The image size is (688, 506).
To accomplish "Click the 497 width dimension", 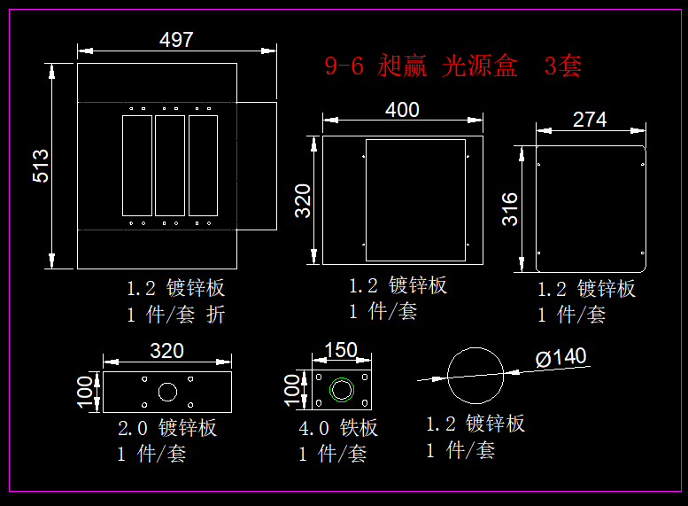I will click(x=175, y=40).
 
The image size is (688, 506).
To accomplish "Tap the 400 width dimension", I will click(x=402, y=110).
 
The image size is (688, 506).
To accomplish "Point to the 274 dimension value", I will click(x=590, y=120).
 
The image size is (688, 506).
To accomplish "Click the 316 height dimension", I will click(x=511, y=209).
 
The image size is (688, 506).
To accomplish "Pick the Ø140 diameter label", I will click(x=560, y=357).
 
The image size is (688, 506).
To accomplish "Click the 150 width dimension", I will click(x=342, y=350).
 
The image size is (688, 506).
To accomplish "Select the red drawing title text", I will click(x=452, y=66).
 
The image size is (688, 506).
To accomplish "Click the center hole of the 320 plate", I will click(x=167, y=392).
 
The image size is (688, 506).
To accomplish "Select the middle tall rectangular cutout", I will click(x=170, y=165).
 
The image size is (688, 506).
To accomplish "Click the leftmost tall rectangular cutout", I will click(x=136, y=165).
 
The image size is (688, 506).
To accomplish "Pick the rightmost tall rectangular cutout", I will click(x=203, y=165).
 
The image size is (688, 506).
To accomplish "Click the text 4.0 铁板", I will click(x=338, y=429).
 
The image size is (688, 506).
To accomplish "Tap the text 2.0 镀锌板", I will click(x=167, y=429).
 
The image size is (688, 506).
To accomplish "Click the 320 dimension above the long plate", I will click(x=166, y=351).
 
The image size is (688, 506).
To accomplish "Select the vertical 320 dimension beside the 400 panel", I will click(x=303, y=200).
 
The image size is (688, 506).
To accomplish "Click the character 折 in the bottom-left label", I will click(x=216, y=315).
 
